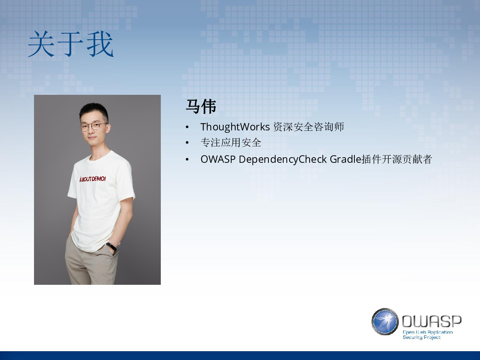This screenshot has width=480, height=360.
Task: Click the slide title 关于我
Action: (x=71, y=44)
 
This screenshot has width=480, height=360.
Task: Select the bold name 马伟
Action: (x=201, y=106)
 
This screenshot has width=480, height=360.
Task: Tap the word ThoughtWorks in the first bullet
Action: (x=235, y=127)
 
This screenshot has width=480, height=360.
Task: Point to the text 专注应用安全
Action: (x=231, y=143)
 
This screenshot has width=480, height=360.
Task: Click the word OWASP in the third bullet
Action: (x=218, y=159)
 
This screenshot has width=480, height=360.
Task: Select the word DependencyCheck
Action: (x=283, y=160)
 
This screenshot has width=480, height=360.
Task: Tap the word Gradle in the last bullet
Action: (x=346, y=159)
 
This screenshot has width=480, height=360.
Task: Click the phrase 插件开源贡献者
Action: (x=397, y=159)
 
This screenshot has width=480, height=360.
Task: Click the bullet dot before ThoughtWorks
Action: (x=187, y=127)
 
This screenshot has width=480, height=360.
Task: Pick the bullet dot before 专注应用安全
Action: (x=187, y=143)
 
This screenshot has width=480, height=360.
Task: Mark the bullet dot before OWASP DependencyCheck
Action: (x=187, y=159)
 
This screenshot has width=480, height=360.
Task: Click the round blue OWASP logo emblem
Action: (x=385, y=322)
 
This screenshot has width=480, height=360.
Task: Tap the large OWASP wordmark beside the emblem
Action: (x=432, y=321)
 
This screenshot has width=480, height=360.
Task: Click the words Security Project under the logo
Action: (x=422, y=337)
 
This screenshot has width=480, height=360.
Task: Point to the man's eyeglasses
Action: (x=93, y=126)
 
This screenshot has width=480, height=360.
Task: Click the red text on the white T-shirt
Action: (x=92, y=179)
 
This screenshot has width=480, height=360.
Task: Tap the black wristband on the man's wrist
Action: (x=112, y=246)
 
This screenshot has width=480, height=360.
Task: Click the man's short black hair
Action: (x=94, y=111)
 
